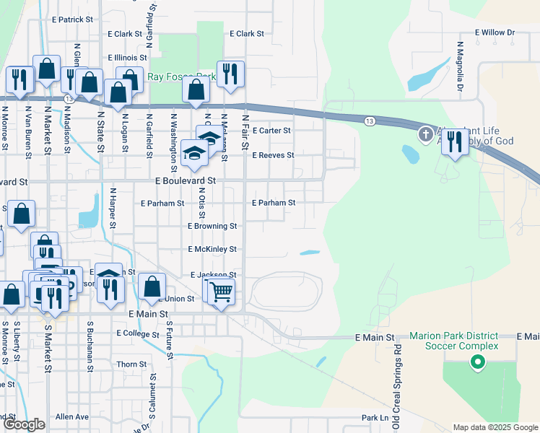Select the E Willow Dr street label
tap(495, 32)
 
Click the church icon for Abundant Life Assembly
tap(426, 134)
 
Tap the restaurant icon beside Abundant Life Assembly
tap(454, 142)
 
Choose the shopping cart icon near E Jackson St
tap(222, 292)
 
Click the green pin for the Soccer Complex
tap(476, 363)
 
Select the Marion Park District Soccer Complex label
tap(453, 341)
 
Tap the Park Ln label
tap(375, 418)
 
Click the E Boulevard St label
tap(186, 180)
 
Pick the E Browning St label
tap(212, 226)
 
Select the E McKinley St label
tap(212, 249)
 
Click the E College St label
tap(137, 333)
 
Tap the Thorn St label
tap(131, 364)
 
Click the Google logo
tap(24, 425)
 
